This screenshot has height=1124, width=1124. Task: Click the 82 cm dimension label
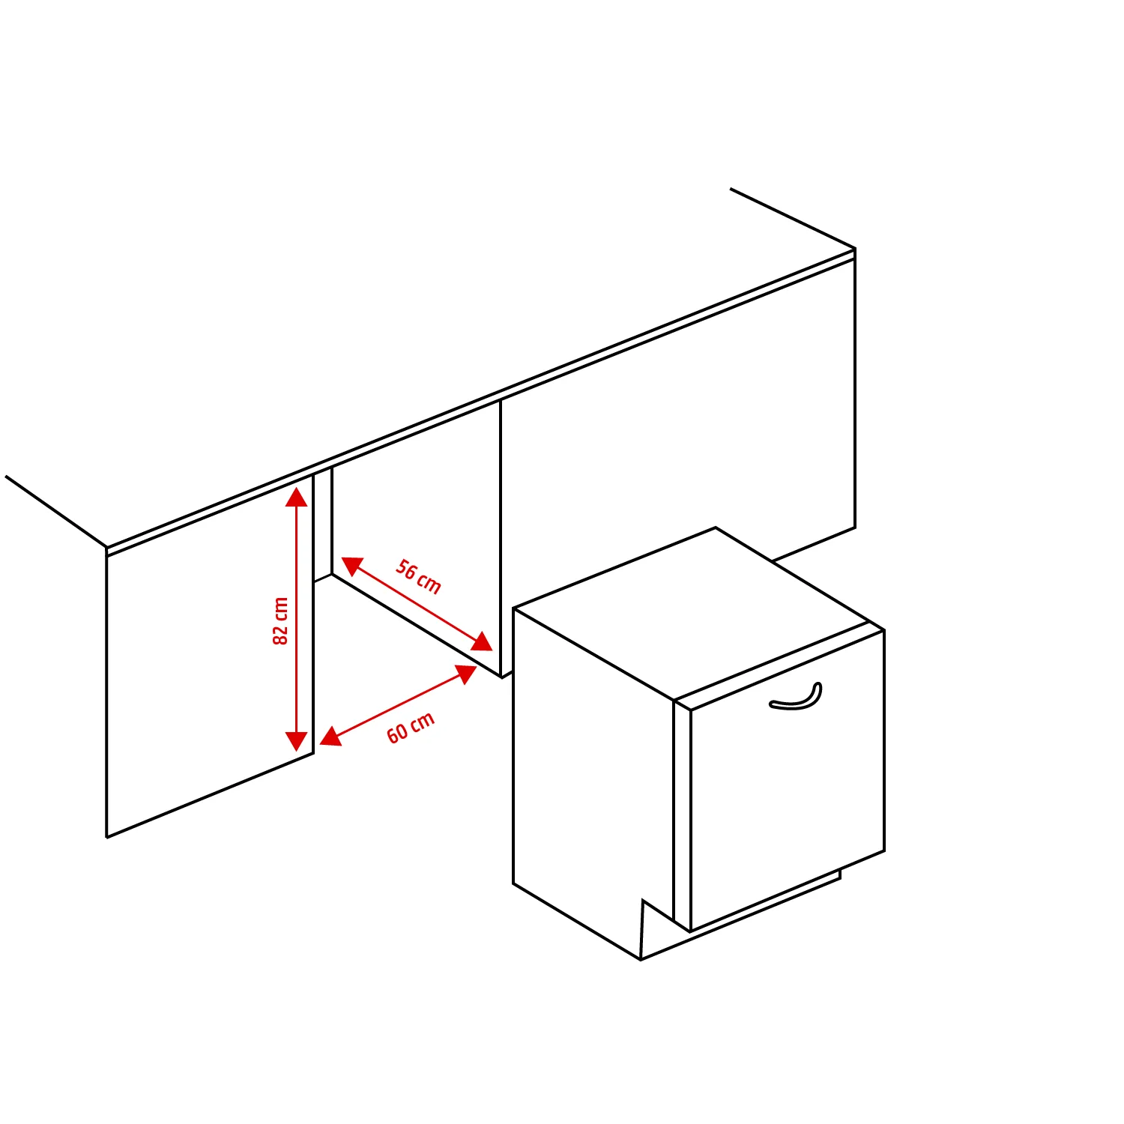280,620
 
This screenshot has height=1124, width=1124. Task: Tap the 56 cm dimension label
418,576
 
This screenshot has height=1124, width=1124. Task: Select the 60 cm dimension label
411,728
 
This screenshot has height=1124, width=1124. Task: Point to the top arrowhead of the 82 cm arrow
297,497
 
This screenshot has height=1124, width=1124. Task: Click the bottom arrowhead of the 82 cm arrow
297,742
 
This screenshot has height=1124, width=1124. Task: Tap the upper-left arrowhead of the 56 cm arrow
351,565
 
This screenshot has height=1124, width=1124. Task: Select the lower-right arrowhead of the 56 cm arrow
483,642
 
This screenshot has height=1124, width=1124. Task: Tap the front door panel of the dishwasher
787,794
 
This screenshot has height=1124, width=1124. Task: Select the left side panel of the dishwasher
592,772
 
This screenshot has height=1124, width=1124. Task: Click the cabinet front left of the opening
210,659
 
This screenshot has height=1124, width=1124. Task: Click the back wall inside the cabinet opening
416,540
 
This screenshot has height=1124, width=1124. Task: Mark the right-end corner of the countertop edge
855,250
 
